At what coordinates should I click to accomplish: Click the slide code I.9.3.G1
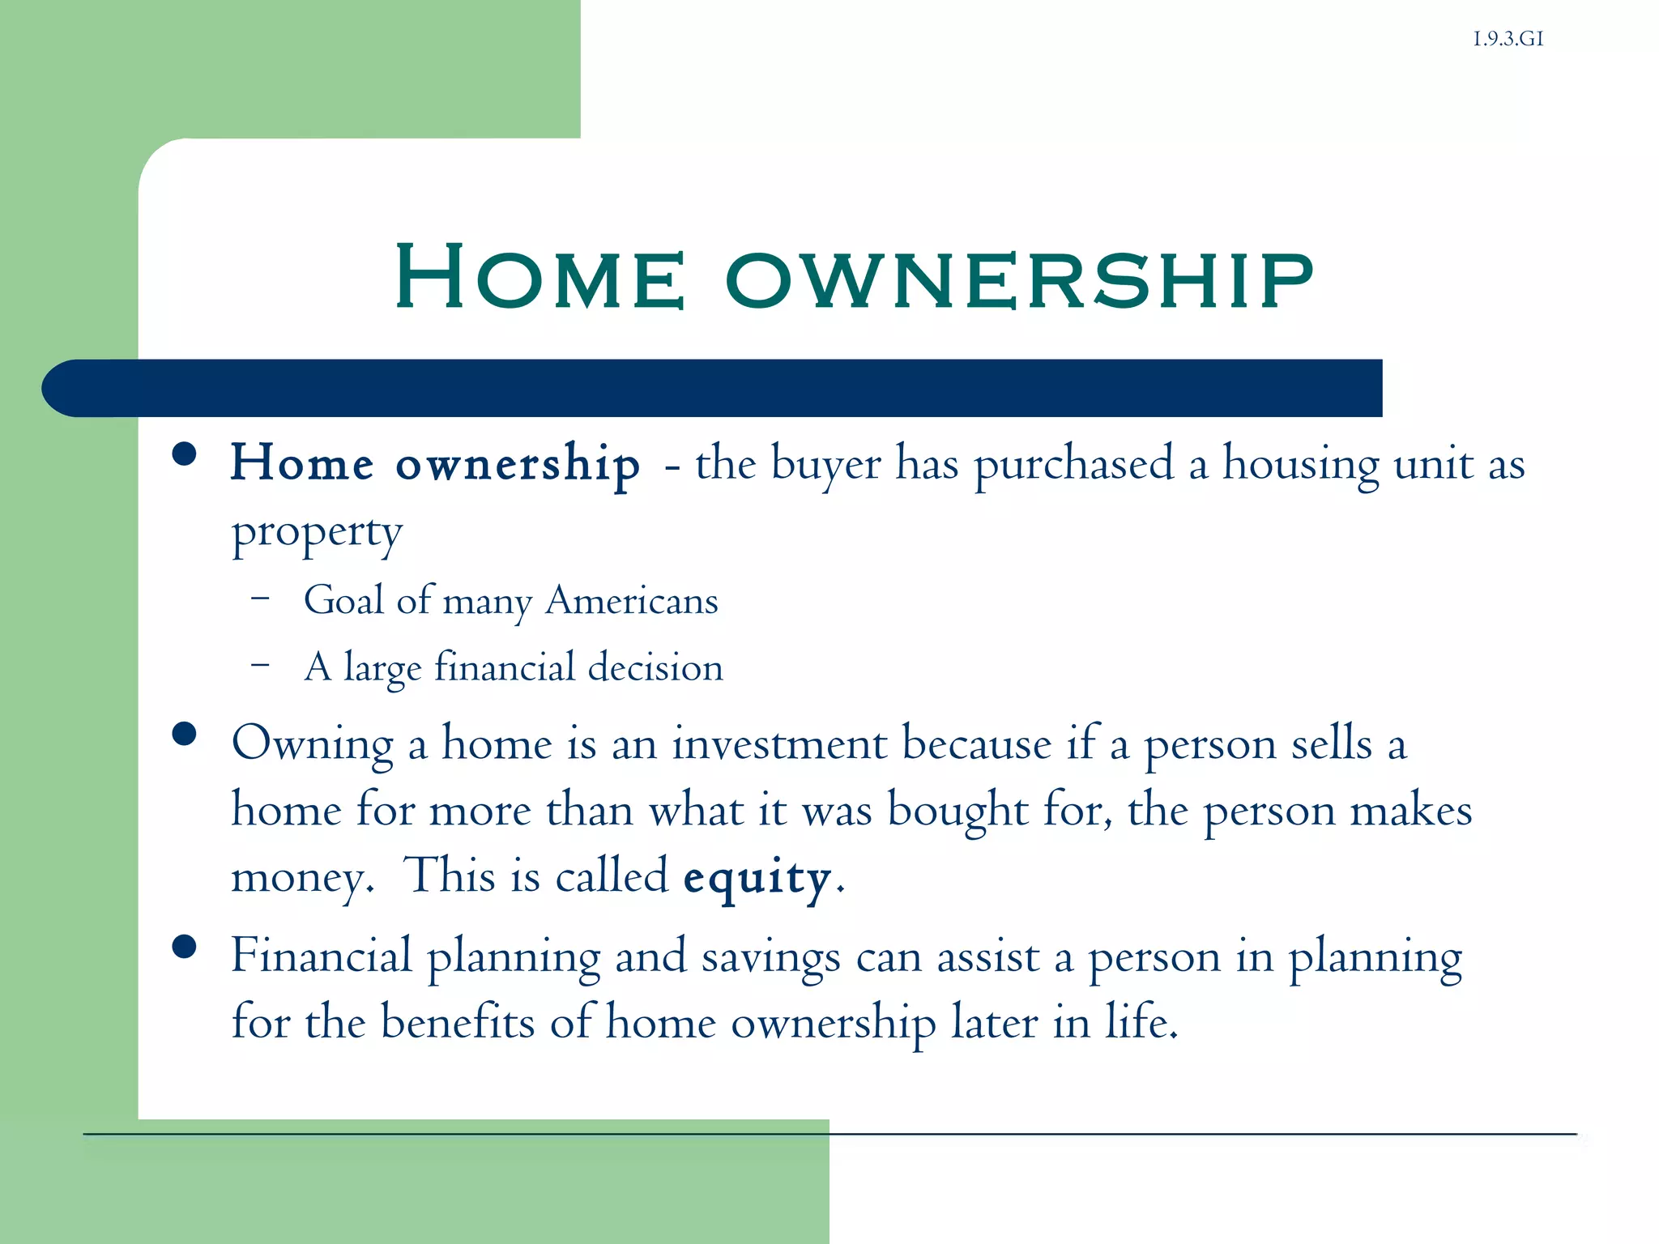[x=1508, y=39]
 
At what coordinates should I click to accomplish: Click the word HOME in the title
[x=540, y=277]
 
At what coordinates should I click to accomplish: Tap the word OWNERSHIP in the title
[x=1019, y=280]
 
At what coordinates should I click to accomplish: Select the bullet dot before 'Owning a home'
[x=185, y=734]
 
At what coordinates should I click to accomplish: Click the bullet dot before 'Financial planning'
[x=185, y=946]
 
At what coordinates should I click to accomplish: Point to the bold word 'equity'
[x=757, y=878]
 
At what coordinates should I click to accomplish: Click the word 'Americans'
[x=632, y=601]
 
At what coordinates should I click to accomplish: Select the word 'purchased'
[x=1073, y=465]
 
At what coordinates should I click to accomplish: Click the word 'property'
[x=317, y=535]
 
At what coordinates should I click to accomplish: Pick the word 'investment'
[x=779, y=743]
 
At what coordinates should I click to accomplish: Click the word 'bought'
[x=957, y=810]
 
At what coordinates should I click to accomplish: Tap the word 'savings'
[x=770, y=957]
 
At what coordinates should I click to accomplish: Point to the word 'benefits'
[x=458, y=1022]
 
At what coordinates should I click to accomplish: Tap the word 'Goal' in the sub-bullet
[x=343, y=601]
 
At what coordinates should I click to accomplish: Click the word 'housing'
[x=1300, y=465]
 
